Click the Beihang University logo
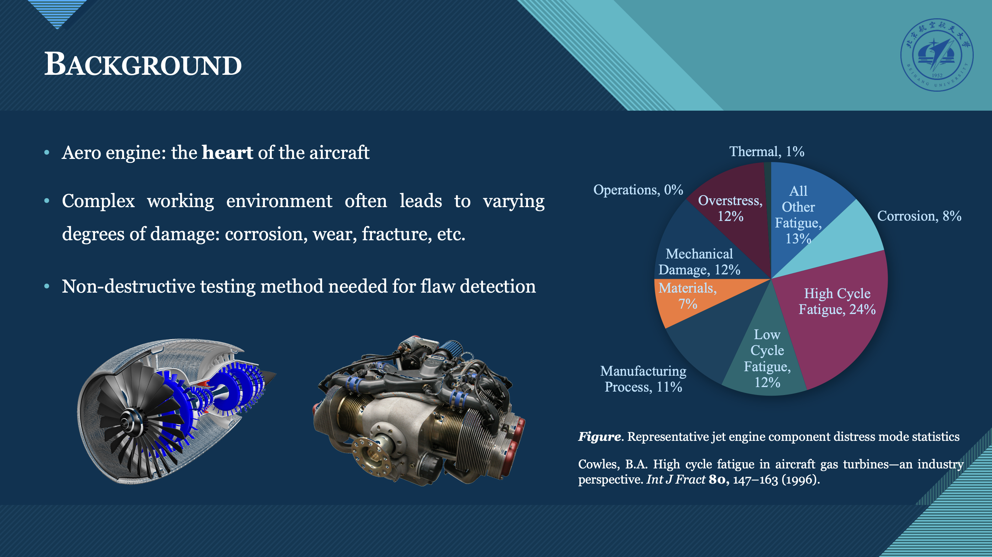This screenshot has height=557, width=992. [937, 55]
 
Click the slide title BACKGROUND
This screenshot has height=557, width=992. [143, 64]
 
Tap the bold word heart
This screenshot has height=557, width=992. [227, 152]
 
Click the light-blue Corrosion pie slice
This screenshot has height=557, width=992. [847, 239]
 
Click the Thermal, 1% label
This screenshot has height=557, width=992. [767, 152]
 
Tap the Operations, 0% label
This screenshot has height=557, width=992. [638, 190]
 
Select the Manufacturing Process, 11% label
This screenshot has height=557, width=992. [643, 379]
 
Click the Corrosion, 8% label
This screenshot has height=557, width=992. [919, 216]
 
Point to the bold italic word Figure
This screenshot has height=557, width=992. [600, 437]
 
